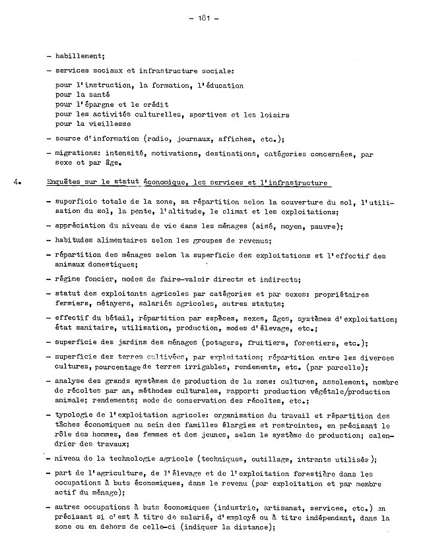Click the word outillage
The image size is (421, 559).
tap(290, 459)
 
